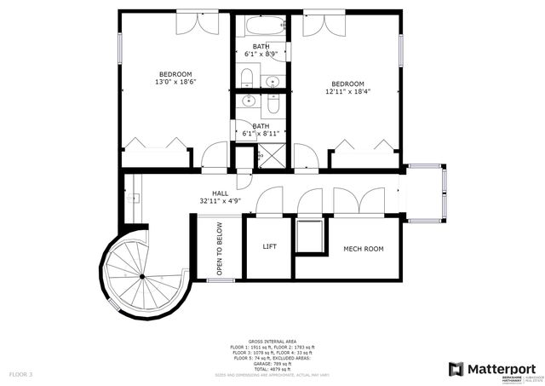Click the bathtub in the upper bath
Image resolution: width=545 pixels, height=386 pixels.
(x=261, y=26)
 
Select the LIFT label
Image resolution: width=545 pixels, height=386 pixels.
(x=269, y=248)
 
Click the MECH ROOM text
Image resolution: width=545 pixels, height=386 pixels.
(x=363, y=249)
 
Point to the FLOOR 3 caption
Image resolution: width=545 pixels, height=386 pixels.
(x=20, y=374)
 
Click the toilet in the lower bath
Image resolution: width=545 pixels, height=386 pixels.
(x=272, y=106)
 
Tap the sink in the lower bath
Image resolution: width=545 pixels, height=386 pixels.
(x=249, y=101)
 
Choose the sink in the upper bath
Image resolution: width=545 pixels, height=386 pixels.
(x=272, y=82)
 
